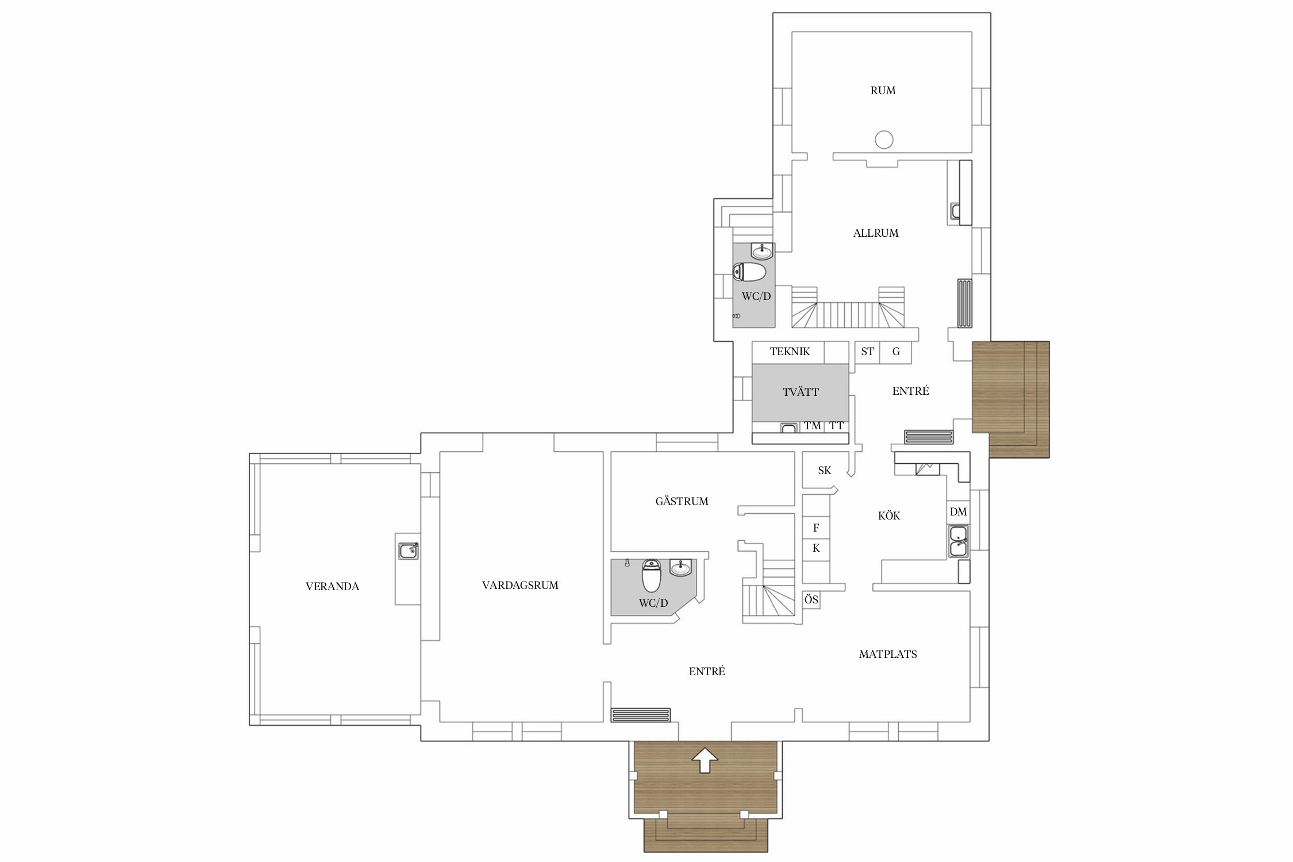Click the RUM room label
(883, 90)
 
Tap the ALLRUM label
(876, 233)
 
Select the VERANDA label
(332, 586)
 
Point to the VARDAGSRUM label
(520, 585)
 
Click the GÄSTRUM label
(682, 501)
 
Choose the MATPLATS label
(888, 654)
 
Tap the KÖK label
(889, 515)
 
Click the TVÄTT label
(801, 392)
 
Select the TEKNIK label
(790, 351)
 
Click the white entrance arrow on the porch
(705, 760)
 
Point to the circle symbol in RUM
(884, 140)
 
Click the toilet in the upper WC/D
(749, 272)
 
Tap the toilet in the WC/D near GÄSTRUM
(652, 575)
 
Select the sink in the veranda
(409, 551)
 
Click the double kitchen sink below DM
(958, 541)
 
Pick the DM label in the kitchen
(958, 511)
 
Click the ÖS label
(811, 599)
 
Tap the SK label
(825, 470)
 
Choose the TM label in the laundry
(813, 426)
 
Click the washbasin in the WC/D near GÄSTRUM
(681, 568)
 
